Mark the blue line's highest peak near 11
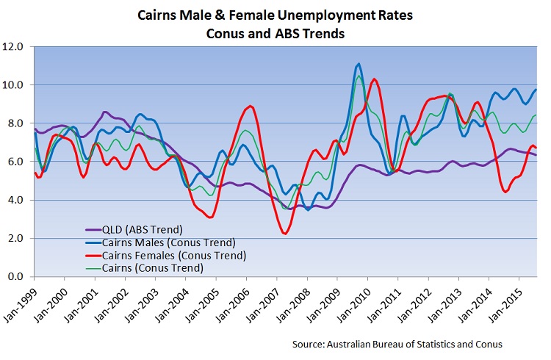[358, 64]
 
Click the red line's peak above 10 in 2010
[375, 79]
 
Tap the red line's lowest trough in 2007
[284, 234]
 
